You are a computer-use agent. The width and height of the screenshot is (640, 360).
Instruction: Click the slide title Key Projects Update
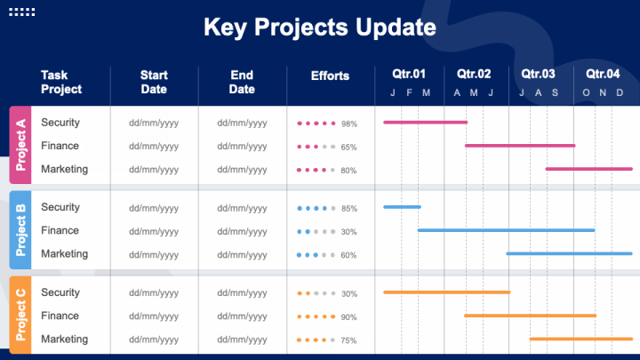(320, 28)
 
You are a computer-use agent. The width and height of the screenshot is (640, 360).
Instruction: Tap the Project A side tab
(20, 145)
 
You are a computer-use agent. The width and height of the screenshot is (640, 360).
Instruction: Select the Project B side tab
(20, 230)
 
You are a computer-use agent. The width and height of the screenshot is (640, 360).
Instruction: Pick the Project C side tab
(20, 316)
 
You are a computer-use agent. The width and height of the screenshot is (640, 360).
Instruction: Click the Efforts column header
(330, 76)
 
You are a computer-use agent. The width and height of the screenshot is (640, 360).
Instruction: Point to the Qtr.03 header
(538, 74)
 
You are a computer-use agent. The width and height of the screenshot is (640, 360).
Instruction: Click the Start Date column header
(154, 82)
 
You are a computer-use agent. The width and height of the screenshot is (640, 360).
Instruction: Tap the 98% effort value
(348, 124)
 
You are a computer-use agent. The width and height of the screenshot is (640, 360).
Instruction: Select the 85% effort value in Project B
(348, 209)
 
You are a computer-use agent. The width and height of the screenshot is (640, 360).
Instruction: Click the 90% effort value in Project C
(348, 317)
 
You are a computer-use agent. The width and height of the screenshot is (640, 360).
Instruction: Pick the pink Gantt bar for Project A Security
(425, 122)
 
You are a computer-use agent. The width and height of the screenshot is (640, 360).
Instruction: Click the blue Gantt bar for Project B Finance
(506, 230)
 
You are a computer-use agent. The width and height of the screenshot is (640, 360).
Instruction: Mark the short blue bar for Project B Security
(402, 207)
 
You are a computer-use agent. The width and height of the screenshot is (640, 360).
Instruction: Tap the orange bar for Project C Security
(446, 292)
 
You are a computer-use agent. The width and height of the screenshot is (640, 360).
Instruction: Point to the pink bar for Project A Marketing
(588, 169)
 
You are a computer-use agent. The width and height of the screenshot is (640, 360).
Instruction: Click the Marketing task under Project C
(64, 339)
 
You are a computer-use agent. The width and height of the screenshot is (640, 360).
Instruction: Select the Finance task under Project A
(60, 146)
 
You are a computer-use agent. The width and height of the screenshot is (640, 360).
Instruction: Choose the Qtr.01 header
(409, 74)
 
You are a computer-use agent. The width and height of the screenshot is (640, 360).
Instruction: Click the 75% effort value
(348, 340)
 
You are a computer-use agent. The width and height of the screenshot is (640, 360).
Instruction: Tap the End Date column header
(242, 82)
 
